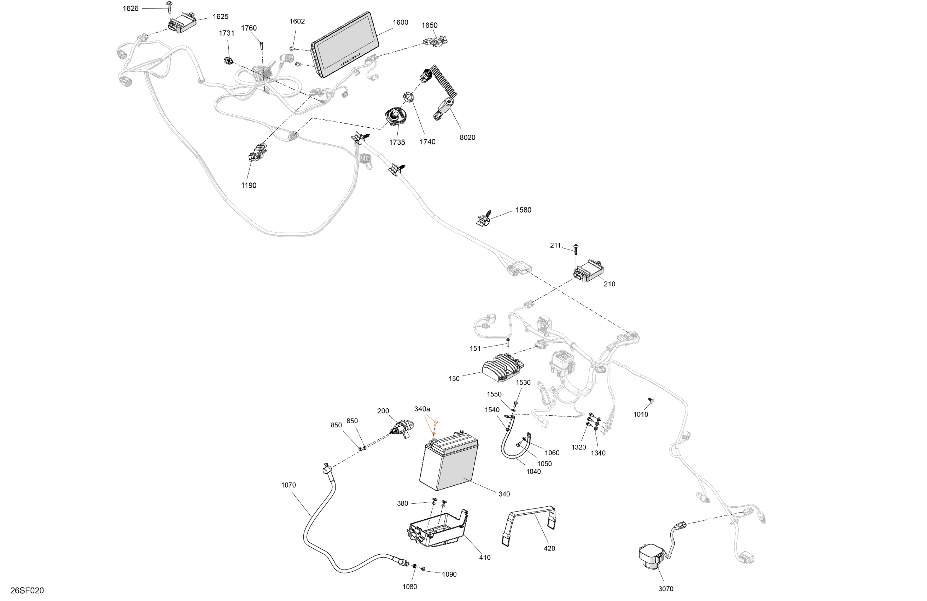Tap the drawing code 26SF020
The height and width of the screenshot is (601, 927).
pos(27,590)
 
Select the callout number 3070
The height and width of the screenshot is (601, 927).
pos(666,589)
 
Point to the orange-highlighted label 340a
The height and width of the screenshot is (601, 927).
pos(422,409)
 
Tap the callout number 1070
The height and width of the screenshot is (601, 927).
pos(288,485)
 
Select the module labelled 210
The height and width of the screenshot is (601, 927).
pos(589,271)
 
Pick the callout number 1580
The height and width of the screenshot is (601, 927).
pos(523,210)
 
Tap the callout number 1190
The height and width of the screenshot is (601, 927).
pos(249,185)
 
